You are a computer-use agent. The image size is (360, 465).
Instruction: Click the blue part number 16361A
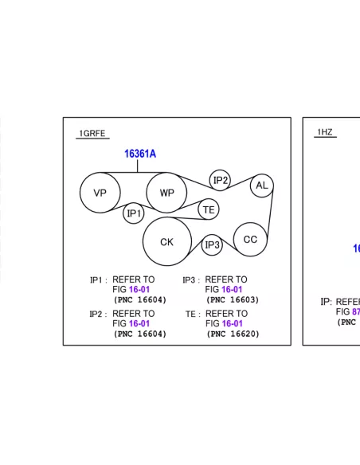click(x=140, y=154)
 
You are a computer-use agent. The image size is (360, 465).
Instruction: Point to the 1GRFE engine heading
click(x=92, y=134)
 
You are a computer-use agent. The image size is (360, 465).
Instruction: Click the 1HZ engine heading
click(x=325, y=132)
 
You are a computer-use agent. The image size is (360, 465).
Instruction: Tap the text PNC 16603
click(x=233, y=300)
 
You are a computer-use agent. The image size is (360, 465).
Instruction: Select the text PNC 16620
click(x=233, y=334)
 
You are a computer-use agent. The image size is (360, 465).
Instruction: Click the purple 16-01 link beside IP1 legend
click(x=139, y=290)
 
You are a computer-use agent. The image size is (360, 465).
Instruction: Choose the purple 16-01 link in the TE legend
click(x=233, y=323)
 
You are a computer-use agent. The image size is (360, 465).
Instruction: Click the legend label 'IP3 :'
click(x=191, y=280)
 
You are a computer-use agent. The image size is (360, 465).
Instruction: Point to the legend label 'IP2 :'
click(x=98, y=314)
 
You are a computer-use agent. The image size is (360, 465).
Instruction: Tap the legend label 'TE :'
click(x=193, y=314)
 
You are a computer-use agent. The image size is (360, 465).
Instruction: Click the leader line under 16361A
click(x=138, y=166)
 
